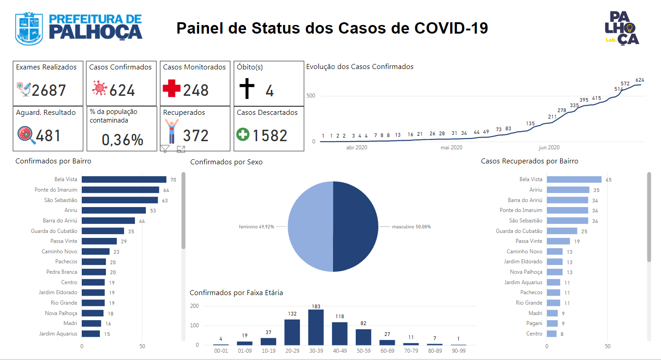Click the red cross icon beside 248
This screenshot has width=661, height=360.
(x=171, y=88)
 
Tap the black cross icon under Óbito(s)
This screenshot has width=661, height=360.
(x=247, y=88)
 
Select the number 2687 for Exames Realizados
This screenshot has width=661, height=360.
(x=49, y=90)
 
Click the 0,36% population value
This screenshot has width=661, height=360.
(x=123, y=139)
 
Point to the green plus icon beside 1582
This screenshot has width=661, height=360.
(x=243, y=134)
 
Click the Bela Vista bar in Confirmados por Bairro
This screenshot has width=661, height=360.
(x=124, y=179)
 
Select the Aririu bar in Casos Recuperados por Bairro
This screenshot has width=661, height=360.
(x=568, y=190)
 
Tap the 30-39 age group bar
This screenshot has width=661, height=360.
(x=316, y=327)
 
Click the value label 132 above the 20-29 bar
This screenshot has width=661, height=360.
(x=292, y=314)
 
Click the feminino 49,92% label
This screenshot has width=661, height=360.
(x=256, y=227)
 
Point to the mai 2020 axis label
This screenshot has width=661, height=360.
(x=452, y=148)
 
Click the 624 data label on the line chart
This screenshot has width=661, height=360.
(x=640, y=80)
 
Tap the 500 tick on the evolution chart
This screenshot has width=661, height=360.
(x=311, y=95)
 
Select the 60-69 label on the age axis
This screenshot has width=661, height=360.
(x=387, y=351)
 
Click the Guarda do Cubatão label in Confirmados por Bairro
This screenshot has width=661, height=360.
(x=54, y=231)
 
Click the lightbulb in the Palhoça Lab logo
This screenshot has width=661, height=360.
(x=630, y=28)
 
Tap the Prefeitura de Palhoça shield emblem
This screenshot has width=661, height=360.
(x=29, y=29)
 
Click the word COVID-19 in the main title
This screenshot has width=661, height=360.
(x=451, y=28)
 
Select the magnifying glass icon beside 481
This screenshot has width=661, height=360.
(x=26, y=135)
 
